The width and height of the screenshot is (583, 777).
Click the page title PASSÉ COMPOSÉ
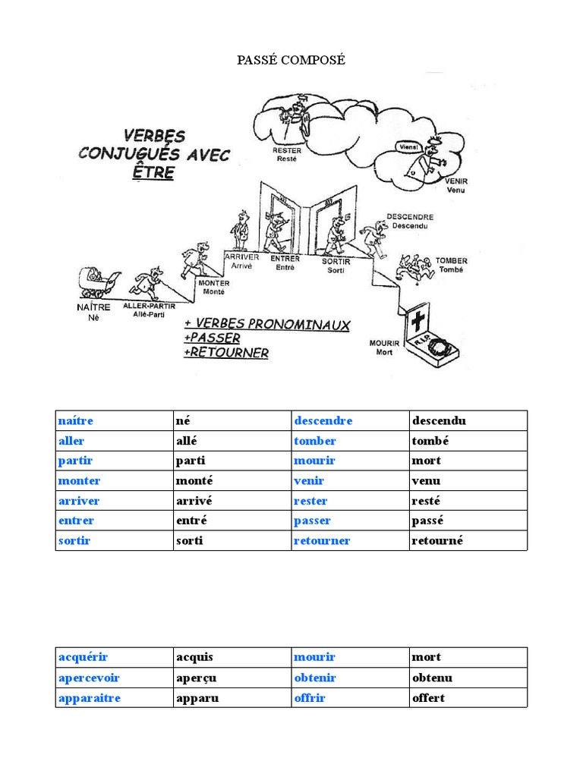(x=291, y=60)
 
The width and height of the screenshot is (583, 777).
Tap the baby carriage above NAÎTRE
(x=96, y=282)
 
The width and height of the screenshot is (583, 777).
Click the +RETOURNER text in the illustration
(x=226, y=353)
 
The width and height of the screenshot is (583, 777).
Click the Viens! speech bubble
(x=408, y=146)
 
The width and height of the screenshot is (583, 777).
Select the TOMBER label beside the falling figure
(x=452, y=260)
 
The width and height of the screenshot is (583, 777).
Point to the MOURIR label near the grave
(x=384, y=344)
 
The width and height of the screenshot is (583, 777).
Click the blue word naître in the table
(x=75, y=421)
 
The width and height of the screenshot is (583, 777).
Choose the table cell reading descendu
(x=439, y=421)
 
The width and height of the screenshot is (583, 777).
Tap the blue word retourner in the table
(x=322, y=541)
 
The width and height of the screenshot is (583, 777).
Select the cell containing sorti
(x=190, y=541)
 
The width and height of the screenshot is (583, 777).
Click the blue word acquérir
(x=83, y=657)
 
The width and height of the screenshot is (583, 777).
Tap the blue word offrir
(x=309, y=697)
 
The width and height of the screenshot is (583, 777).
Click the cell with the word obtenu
(x=432, y=678)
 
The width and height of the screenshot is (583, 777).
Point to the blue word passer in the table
(x=312, y=521)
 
